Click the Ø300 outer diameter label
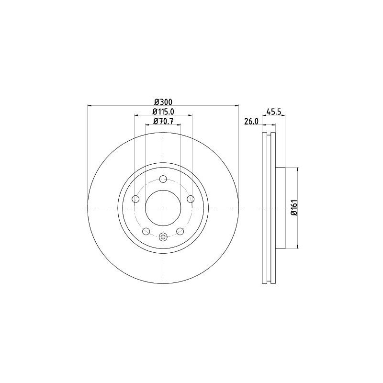163,101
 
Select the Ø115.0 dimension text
163,111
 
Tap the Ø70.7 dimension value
163,122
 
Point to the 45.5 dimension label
273,112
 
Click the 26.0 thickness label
251,122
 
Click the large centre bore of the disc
163,208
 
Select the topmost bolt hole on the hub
163,179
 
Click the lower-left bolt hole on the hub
146,231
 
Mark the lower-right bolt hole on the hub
180,231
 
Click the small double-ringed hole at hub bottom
163,237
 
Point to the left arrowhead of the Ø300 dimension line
90,106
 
